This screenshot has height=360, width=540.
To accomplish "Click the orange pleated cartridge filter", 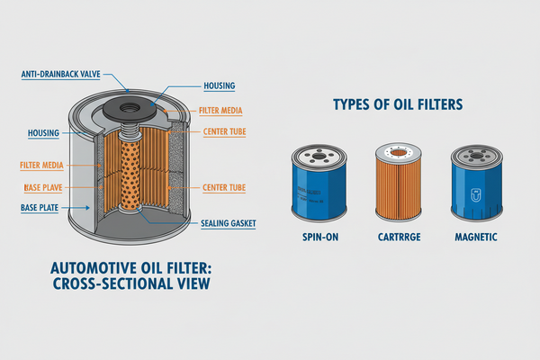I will pos(397,185).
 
